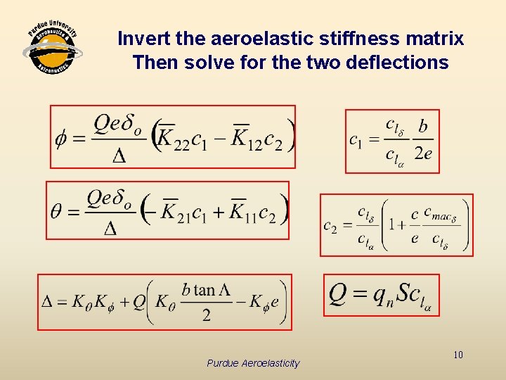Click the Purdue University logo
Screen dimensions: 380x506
53,50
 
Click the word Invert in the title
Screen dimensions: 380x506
141,39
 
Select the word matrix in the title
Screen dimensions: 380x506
437,39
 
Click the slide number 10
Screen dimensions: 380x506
458,355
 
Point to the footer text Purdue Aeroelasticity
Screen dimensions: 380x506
253,363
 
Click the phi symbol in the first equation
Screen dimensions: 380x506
62,137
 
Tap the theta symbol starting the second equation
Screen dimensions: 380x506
58,211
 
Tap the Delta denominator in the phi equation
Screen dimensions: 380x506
119,156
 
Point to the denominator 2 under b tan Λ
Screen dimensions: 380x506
206,315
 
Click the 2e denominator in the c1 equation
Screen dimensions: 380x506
422,153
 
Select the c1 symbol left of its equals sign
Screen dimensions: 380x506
357,139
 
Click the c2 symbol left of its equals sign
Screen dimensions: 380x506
330,225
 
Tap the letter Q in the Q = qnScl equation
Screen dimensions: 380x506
338,294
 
